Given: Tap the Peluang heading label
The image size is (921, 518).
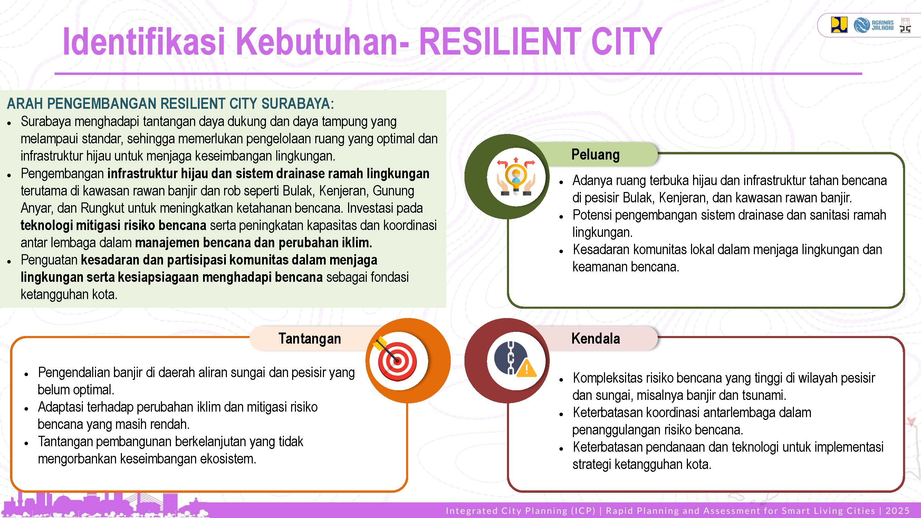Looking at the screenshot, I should click(x=595, y=154).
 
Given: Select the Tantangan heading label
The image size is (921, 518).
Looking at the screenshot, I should click(x=310, y=338).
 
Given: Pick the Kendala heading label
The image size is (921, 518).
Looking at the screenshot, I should click(x=596, y=338).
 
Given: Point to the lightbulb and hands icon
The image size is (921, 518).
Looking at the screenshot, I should click(x=516, y=176).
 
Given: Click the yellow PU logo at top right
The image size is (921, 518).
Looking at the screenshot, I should click(x=839, y=25).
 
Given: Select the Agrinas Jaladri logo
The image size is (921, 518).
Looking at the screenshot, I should click(x=873, y=25).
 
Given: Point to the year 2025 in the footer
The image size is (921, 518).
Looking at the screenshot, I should click(x=897, y=510).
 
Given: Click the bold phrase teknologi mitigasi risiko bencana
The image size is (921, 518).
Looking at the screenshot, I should click(x=113, y=225).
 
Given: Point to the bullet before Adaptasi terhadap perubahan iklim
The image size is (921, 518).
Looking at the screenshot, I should click(x=27, y=408).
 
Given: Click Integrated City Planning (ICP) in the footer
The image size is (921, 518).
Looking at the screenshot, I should click(x=520, y=510).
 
